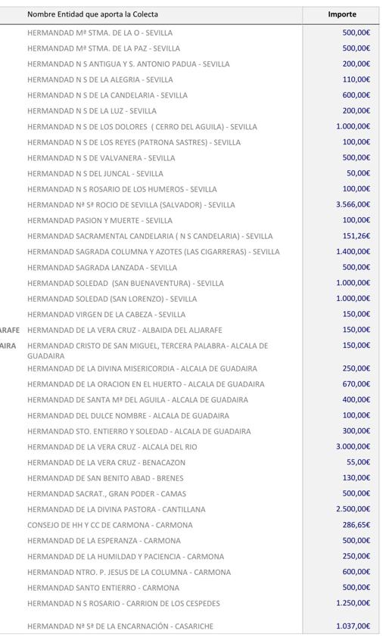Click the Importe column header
click(341, 14)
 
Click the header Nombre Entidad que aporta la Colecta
click(92, 14)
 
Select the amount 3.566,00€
click(353, 204)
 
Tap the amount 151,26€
click(356, 236)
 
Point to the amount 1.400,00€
click(353, 251)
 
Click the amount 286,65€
click(356, 524)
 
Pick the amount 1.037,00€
click(353, 626)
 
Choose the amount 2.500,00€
click(353, 509)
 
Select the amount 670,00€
click(356, 384)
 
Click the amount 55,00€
click(358, 462)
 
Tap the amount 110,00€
click(356, 79)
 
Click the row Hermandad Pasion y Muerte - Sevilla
click(100, 220)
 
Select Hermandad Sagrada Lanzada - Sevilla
click(102, 267)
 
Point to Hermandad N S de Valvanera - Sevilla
click(101, 158)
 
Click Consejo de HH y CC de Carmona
click(110, 525)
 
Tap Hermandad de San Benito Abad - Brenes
click(105, 478)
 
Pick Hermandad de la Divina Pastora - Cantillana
click(116, 509)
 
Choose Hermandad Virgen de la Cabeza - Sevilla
click(106, 314)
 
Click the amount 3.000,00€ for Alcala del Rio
click(353, 446)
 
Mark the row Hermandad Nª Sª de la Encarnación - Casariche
click(120, 626)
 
